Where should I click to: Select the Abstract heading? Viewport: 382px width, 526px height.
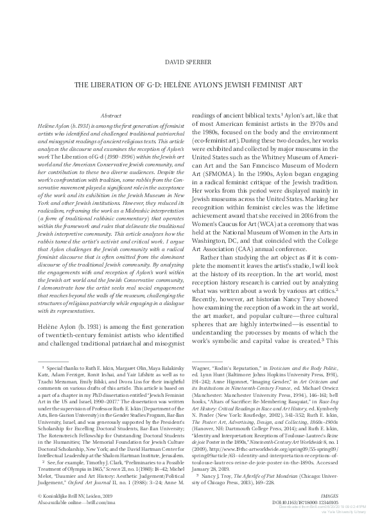112,113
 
